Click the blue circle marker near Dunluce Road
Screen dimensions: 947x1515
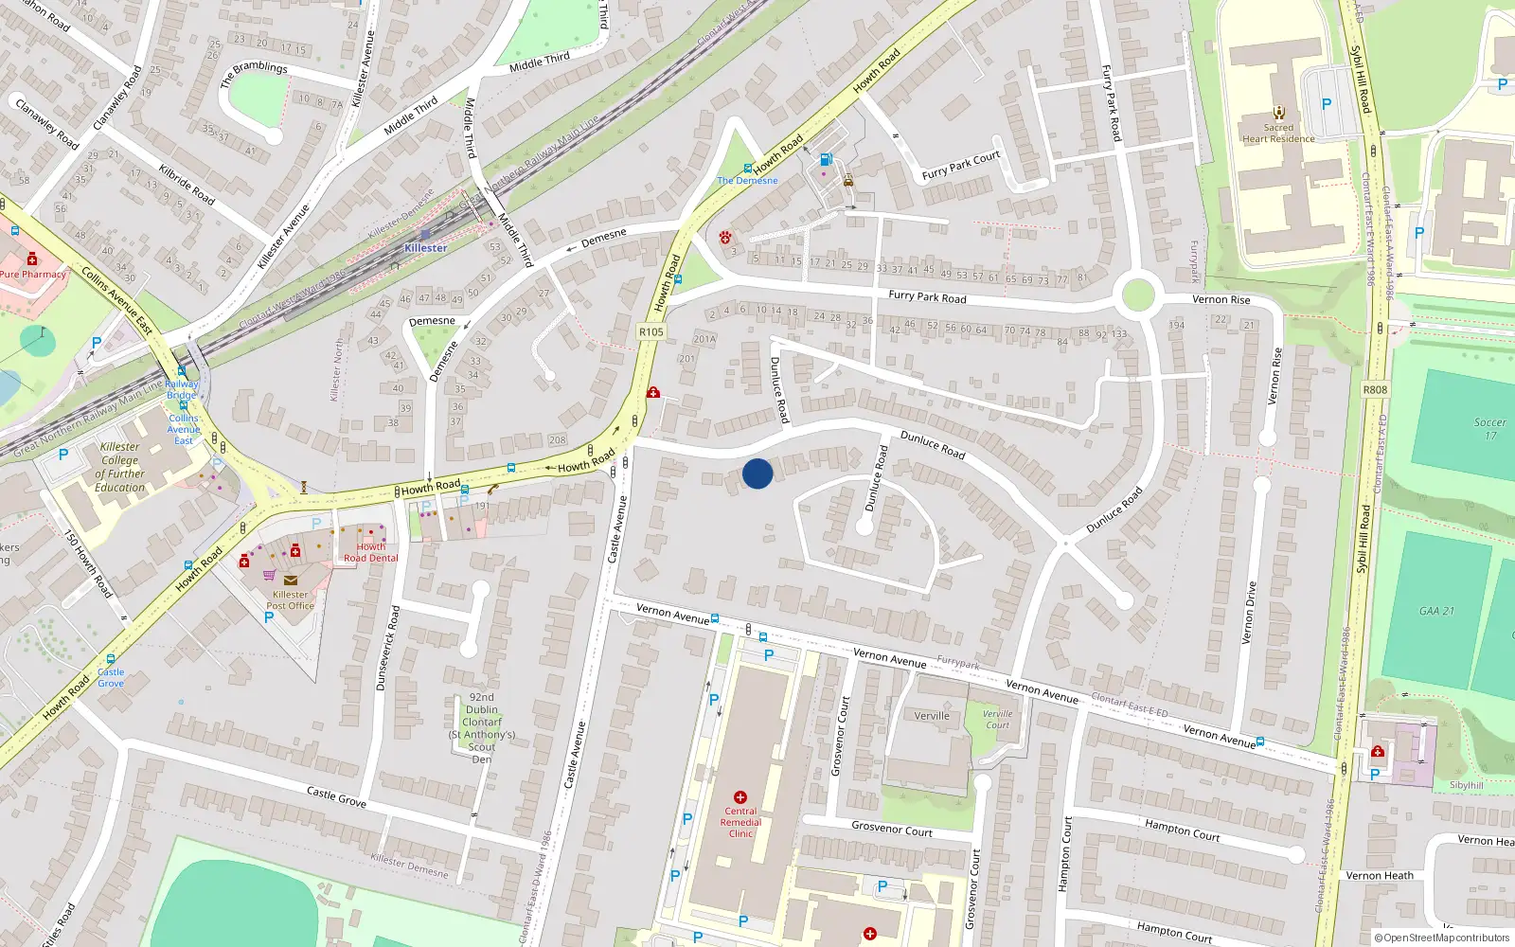tap(757, 473)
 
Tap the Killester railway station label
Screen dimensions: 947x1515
tap(425, 248)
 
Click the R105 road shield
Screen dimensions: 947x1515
tap(651, 332)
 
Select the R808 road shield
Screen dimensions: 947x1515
tap(1375, 389)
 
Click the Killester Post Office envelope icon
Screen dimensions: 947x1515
tap(290, 581)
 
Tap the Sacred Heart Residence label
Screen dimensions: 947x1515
tap(1278, 133)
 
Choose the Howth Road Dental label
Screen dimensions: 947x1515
tap(370, 552)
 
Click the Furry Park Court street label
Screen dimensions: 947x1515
tap(961, 165)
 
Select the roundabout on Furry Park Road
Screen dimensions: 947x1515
tap(1137, 295)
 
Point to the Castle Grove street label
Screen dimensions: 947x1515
tap(336, 796)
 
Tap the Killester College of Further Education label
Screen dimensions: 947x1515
tap(120, 467)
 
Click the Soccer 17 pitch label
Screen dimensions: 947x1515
tap(1489, 429)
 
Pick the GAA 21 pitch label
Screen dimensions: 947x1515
tap(1436, 611)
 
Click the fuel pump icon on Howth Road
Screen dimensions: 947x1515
tap(827, 160)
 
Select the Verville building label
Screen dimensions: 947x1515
tap(932, 716)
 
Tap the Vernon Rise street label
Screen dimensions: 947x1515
tap(1221, 299)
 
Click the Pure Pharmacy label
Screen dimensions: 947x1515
tap(33, 275)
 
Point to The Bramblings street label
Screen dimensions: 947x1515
tap(254, 73)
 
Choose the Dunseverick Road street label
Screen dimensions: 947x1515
tap(388, 648)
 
